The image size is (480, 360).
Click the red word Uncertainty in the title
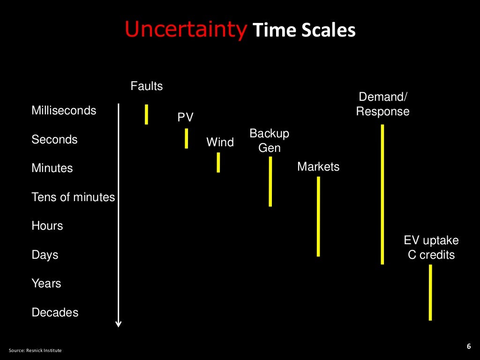[186, 30]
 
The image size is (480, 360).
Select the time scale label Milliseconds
[64, 111]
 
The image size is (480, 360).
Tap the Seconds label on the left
[54, 140]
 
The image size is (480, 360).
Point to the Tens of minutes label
[73, 197]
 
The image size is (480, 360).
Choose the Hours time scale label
[47, 226]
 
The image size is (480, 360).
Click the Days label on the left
[45, 255]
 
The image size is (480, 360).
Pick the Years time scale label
[46, 284]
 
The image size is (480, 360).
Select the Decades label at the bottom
[55, 313]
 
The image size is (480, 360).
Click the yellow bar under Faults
[146, 114]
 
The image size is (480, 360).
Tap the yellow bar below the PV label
[186, 138]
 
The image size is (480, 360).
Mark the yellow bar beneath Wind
[218, 163]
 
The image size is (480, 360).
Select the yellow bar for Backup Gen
[270, 181]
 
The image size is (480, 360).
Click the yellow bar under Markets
[318, 217]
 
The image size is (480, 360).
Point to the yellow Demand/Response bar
[382, 194]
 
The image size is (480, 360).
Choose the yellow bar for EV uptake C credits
[430, 292]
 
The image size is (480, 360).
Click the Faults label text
[147, 86]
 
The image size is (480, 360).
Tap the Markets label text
[318, 167]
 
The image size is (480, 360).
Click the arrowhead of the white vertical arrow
[119, 323]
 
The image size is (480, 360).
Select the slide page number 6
[468, 346]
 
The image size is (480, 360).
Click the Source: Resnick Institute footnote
[35, 351]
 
